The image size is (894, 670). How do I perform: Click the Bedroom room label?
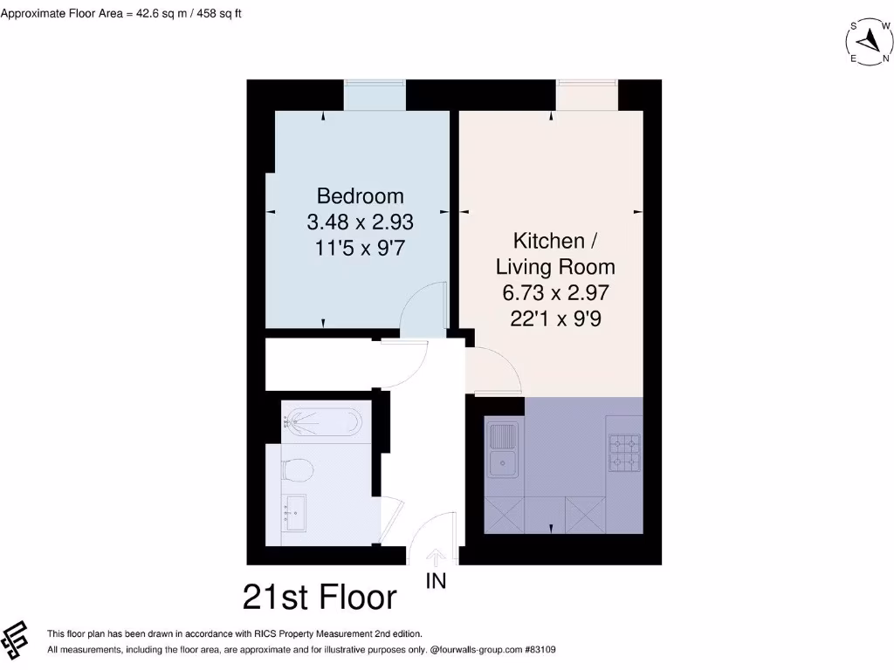tap(360, 195)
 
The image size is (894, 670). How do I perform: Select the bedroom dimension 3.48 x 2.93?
tap(360, 222)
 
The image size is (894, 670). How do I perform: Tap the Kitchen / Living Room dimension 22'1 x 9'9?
tap(556, 318)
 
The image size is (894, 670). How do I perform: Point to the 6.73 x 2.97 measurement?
tap(556, 292)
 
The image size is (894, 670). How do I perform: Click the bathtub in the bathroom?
tap(321, 424)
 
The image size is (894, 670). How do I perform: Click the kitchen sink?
tap(503, 450)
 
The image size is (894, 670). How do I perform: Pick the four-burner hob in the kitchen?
tap(623, 453)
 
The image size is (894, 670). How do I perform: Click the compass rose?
tap(869, 41)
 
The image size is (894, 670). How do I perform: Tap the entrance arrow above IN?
tap(436, 557)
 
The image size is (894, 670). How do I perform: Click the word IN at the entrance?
tap(436, 580)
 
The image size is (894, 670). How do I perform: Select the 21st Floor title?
tap(320, 598)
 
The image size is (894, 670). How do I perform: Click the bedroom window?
tap(375, 94)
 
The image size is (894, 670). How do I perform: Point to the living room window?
tap(588, 94)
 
